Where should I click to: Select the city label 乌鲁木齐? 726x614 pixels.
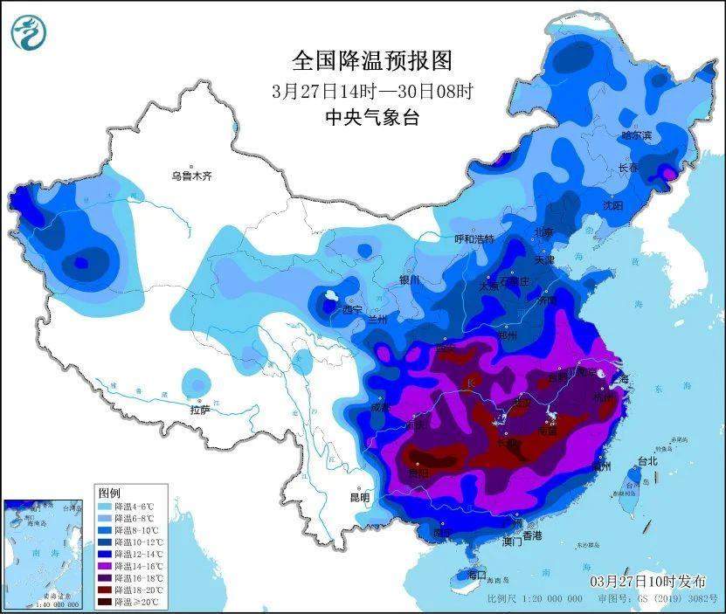[191, 176]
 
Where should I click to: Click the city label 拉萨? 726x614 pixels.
[200, 409]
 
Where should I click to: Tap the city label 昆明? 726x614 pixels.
[359, 497]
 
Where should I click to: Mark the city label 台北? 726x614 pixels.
[647, 460]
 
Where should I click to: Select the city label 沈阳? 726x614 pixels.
[612, 205]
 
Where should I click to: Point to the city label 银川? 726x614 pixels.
[410, 280]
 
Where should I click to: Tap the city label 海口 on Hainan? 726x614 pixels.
[475, 576]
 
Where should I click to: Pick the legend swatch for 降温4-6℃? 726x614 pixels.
[107, 507]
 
